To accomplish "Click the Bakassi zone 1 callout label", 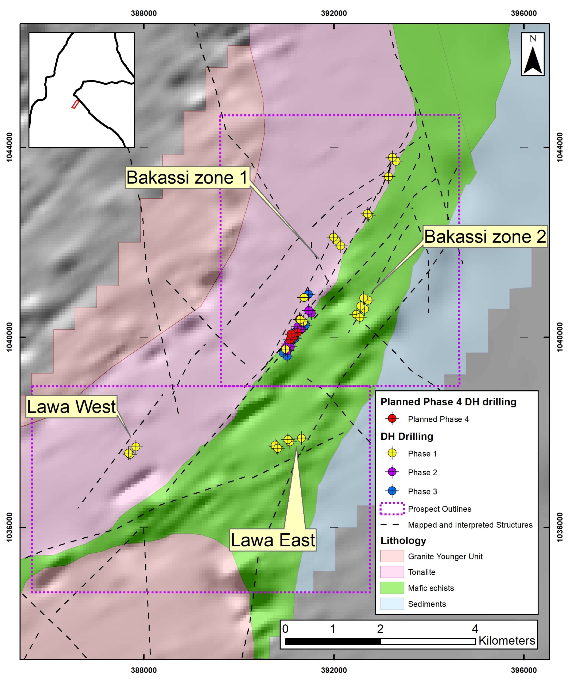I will pyautogui.click(x=187, y=177).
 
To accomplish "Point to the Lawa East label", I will pyautogui.click(x=273, y=540).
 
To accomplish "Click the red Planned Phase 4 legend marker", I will pyautogui.click(x=392, y=419).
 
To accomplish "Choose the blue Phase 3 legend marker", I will pyautogui.click(x=392, y=491).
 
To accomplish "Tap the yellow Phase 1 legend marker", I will pyautogui.click(x=392, y=453).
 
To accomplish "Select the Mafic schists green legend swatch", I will pyautogui.click(x=392, y=588).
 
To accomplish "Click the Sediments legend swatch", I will pyautogui.click(x=392, y=604).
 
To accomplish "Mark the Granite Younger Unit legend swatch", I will pyautogui.click(x=392, y=556).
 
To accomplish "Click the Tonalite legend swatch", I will pyautogui.click(x=392, y=572).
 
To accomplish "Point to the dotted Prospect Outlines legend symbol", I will pyautogui.click(x=392, y=509).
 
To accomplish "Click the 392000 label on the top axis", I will pyautogui.click(x=334, y=13).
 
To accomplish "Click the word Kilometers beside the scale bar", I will pyautogui.click(x=506, y=640).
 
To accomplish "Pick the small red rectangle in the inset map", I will pyautogui.click(x=75, y=104).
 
